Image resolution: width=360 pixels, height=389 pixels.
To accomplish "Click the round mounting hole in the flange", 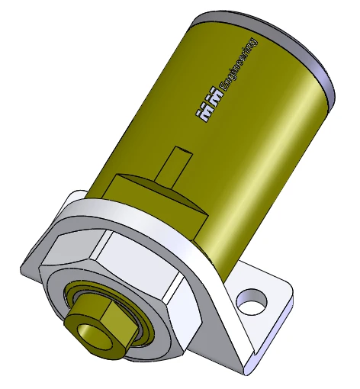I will coord(249,300).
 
